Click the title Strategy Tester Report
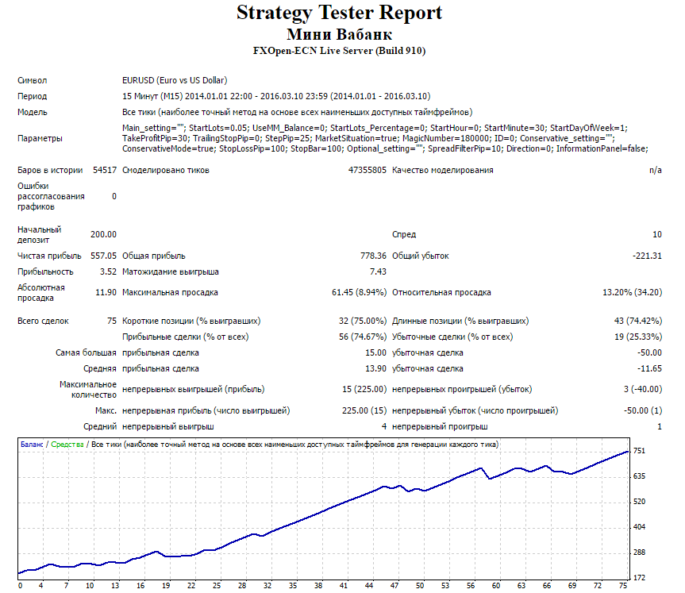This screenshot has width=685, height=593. (x=339, y=13)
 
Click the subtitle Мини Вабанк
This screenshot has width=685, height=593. (x=339, y=34)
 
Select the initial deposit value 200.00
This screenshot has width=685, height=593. (x=103, y=235)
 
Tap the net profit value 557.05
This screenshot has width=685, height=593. (x=103, y=256)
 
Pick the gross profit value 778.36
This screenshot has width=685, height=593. (x=374, y=256)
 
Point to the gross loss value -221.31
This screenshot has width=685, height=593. (x=647, y=256)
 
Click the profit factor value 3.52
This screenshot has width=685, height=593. (x=108, y=271)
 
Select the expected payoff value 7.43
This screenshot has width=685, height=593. (x=379, y=271)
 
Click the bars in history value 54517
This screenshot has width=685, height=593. (x=105, y=171)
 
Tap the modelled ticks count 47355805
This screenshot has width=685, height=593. (x=368, y=171)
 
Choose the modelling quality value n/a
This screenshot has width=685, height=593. (x=656, y=171)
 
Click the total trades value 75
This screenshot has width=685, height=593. (x=112, y=322)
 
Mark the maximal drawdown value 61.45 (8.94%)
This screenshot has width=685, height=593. (x=359, y=293)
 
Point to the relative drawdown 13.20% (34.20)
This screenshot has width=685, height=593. (x=632, y=293)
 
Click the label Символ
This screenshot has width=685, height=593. (x=33, y=81)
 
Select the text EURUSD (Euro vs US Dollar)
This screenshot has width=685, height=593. (x=175, y=81)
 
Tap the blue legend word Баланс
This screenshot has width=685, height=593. (x=32, y=445)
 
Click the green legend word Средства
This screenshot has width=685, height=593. (x=67, y=445)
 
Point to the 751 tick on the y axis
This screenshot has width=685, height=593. (x=639, y=451)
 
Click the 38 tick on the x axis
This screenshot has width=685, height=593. (x=318, y=586)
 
